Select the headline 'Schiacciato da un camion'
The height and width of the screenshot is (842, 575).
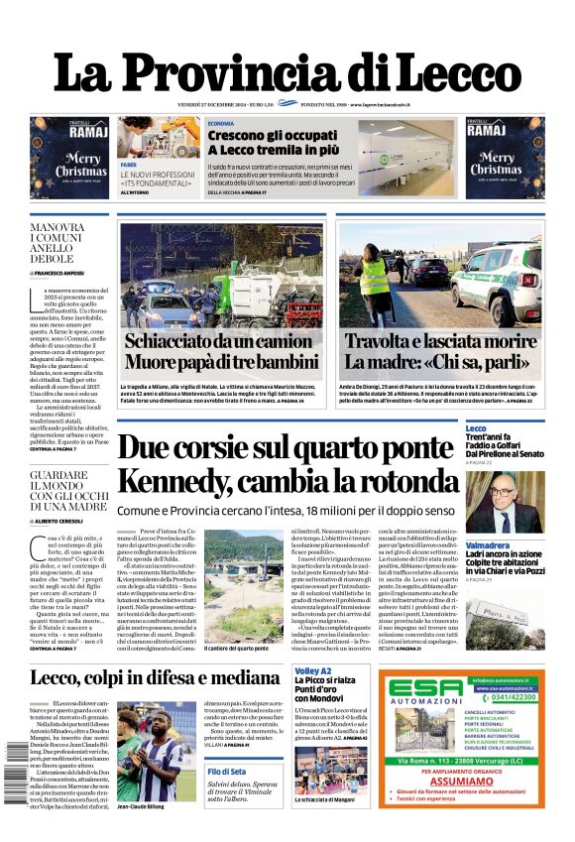coord(219,340)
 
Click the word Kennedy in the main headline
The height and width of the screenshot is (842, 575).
coord(177,482)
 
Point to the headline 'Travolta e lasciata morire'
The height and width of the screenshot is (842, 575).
coord(455,340)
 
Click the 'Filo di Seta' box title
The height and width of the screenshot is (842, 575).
coord(228,772)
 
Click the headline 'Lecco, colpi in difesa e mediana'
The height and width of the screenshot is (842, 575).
coord(156,678)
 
